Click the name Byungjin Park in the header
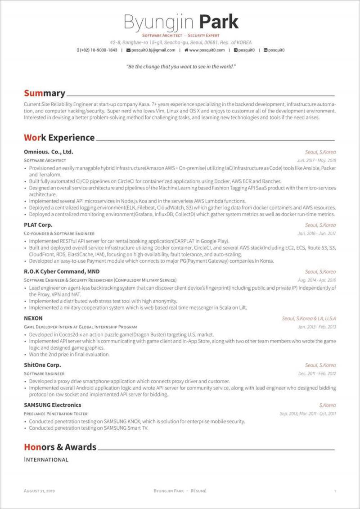point(181,22)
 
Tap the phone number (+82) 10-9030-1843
point(98,50)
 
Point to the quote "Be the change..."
point(181,67)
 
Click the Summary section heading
point(45,93)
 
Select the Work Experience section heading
point(59,138)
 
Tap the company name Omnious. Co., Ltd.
point(49,152)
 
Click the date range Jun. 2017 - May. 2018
point(316,160)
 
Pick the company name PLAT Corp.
point(38,225)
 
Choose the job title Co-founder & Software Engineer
point(59,234)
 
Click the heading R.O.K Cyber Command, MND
point(62,271)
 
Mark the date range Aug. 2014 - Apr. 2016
point(316,280)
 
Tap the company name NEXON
point(33,318)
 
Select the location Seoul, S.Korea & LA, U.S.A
point(309,319)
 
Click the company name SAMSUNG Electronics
point(53,405)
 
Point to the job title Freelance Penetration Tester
point(55,414)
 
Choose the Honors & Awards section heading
point(60,447)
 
